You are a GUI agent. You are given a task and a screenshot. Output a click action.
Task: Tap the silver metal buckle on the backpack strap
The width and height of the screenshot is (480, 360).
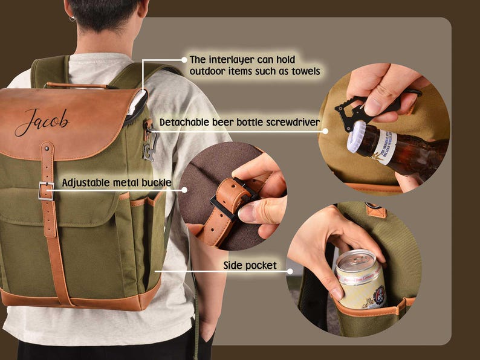tap(46, 190)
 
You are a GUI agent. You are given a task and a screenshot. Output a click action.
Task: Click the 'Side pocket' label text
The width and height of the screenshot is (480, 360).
tap(250, 265)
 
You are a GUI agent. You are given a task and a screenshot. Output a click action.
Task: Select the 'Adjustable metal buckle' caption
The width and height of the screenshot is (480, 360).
tap(117, 182)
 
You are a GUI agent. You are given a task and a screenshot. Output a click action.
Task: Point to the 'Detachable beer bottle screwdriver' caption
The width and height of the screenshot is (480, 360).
tap(239, 123)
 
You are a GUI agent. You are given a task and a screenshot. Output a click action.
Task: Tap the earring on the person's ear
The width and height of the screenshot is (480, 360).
tap(71, 19)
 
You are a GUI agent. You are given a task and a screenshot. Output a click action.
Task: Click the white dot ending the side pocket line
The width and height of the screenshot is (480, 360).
tap(290, 271)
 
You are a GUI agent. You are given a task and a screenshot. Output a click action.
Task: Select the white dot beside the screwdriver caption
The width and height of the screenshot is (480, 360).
tap(325, 130)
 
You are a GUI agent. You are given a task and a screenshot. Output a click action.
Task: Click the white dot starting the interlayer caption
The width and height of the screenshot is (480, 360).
tap(184, 60)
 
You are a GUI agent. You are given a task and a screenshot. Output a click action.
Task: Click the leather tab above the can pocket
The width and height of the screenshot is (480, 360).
tap(375, 210)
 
